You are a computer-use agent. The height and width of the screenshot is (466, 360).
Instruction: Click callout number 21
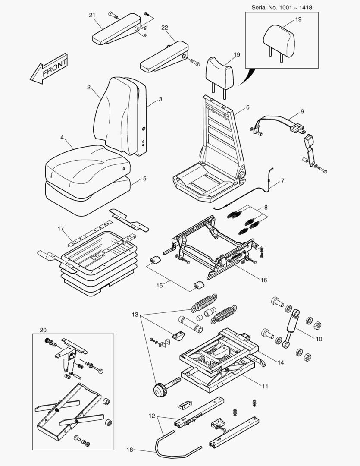[92, 15]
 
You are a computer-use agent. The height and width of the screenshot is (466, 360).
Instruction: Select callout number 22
[164, 27]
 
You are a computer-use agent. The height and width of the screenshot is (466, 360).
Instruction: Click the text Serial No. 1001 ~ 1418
[282, 7]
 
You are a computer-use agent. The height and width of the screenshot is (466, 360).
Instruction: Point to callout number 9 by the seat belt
[302, 111]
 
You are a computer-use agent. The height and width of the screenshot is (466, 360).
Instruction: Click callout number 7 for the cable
[283, 180]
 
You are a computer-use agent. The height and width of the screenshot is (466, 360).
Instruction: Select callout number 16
[263, 280]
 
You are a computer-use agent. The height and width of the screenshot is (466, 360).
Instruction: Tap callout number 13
[135, 315]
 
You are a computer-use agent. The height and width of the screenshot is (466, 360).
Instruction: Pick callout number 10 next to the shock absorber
[319, 339]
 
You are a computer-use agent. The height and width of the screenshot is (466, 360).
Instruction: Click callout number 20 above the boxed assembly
[43, 330]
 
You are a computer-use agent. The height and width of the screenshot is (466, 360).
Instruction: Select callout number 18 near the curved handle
[130, 450]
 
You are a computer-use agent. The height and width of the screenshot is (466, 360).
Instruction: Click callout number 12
[151, 416]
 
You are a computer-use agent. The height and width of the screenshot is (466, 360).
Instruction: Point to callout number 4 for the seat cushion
[62, 138]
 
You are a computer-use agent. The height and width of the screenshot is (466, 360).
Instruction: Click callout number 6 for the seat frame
[247, 107]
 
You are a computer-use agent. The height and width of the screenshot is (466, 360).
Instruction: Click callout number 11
[266, 386]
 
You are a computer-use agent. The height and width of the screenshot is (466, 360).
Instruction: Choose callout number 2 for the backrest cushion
[88, 87]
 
